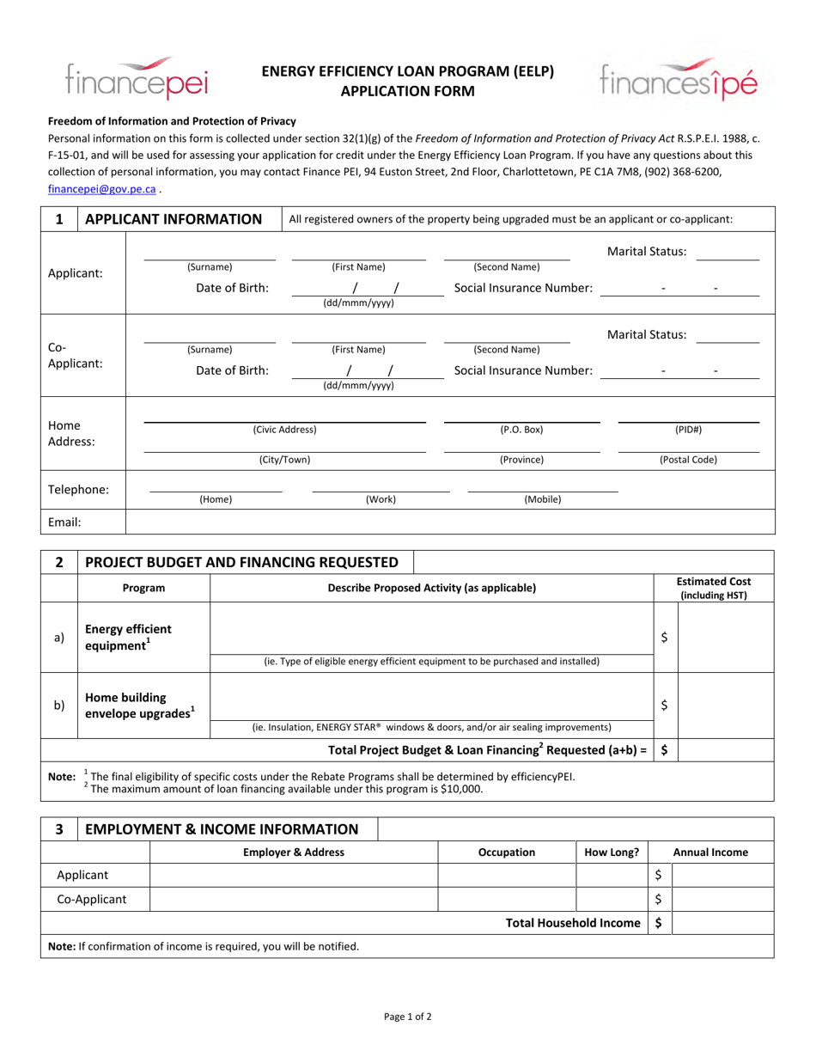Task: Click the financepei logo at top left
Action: pos(137,79)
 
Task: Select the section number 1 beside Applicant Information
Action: pos(59,219)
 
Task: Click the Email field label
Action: pos(65,522)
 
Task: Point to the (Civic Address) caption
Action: pos(284,429)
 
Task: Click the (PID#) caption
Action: pos(688,429)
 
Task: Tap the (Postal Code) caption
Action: pos(688,460)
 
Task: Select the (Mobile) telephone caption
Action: pos(542,498)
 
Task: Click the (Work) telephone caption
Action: pos(381,498)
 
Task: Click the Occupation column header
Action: pos(507,852)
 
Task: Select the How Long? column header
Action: pos(612,852)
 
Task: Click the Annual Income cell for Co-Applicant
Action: pos(722,899)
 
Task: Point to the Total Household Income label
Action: pos(573,923)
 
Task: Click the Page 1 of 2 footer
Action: pos(408,1017)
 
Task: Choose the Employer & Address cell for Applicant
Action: pos(294,875)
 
